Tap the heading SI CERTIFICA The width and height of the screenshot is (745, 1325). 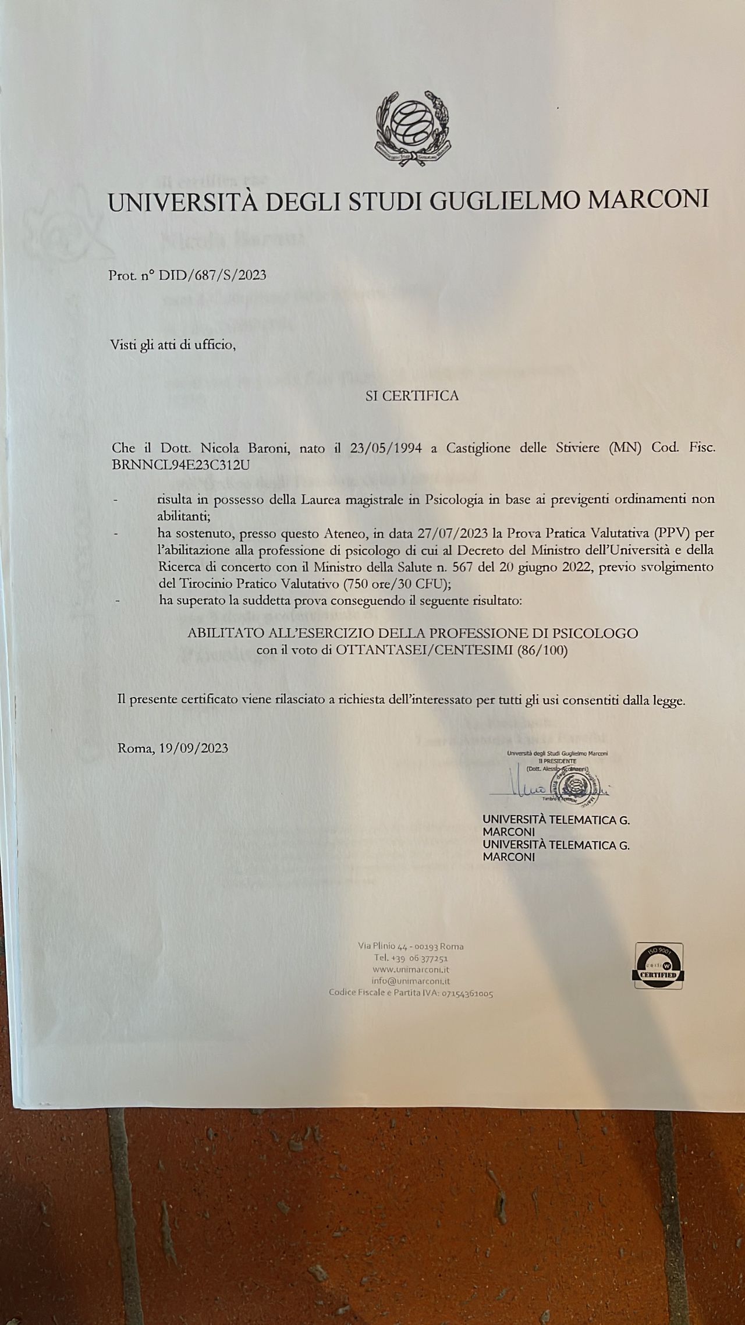[411, 396]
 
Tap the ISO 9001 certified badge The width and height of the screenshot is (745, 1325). [658, 966]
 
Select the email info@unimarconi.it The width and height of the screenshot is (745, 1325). [411, 981]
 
